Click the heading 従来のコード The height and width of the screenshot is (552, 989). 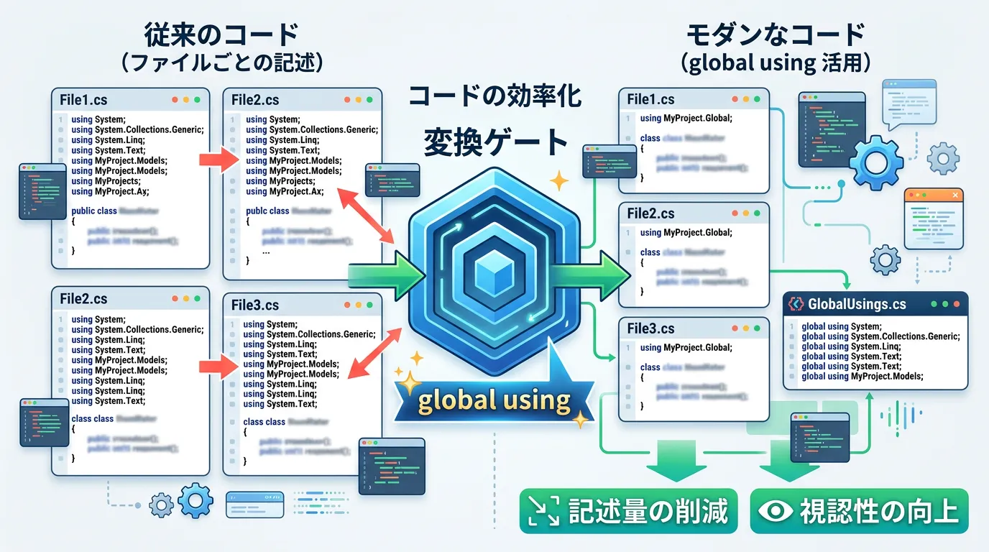pyautogui.click(x=220, y=34)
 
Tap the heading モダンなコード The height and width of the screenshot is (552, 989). pyautogui.click(x=775, y=34)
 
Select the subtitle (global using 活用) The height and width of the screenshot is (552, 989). pyautogui.click(x=775, y=63)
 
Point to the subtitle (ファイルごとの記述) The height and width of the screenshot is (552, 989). pyautogui.click(x=220, y=63)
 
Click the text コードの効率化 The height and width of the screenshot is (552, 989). pyautogui.click(x=494, y=96)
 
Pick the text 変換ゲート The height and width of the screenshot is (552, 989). pyautogui.click(x=496, y=142)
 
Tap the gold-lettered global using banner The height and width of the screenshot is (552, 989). pyautogui.click(x=494, y=399)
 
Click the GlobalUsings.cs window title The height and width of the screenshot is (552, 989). pyautogui.click(x=857, y=304)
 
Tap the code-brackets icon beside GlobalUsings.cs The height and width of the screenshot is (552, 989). pyautogui.click(x=796, y=304)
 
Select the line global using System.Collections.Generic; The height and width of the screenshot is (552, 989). pyautogui.click(x=880, y=336)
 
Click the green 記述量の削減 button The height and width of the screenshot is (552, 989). pyautogui.click(x=628, y=511)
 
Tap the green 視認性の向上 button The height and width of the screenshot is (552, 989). pyautogui.click(x=859, y=511)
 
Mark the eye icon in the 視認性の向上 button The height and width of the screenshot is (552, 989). pyautogui.click(x=775, y=512)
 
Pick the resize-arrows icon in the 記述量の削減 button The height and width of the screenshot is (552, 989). pyautogui.click(x=543, y=512)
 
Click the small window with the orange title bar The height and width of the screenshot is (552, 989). pyautogui.click(x=934, y=218)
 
